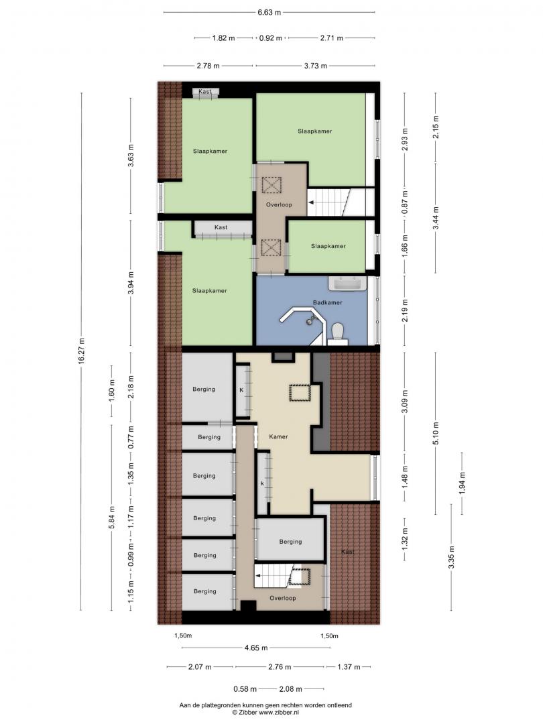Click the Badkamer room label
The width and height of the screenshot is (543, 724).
[327, 302]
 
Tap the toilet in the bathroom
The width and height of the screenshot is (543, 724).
[338, 333]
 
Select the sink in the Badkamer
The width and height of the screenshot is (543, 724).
[347, 284]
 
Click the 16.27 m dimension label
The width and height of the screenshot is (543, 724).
[82, 351]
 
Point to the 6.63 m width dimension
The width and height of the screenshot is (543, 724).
[269, 13]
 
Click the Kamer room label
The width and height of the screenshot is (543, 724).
[278, 436]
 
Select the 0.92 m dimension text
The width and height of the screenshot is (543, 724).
[271, 38]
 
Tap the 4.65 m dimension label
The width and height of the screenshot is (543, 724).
[256, 648]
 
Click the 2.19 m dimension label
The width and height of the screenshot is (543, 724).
[405, 310]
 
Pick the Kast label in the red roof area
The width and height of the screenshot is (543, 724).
[348, 552]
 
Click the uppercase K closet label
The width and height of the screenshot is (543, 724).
[241, 390]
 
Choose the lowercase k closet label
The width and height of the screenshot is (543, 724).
[262, 483]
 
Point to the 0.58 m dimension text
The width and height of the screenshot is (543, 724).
[245, 689]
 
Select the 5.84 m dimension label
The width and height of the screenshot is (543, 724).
[111, 518]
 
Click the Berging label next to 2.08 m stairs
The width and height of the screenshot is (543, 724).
[290, 542]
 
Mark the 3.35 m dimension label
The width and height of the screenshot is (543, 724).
[451, 558]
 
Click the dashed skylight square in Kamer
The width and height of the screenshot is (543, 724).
[300, 393]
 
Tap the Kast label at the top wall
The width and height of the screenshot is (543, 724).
[205, 91]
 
